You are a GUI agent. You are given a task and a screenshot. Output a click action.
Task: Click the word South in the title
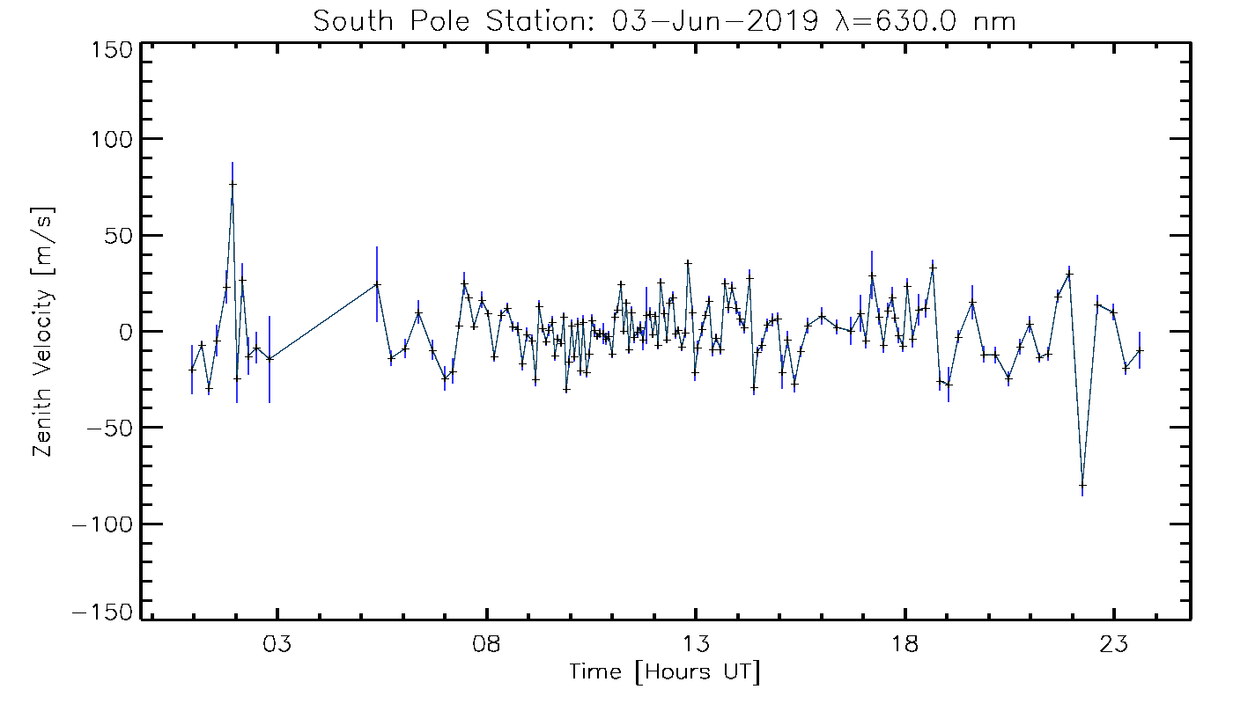pyautogui.click(x=350, y=21)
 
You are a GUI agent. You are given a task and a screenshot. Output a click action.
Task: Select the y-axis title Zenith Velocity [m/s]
pyautogui.click(x=43, y=332)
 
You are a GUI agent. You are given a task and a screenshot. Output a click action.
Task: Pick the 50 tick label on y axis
pyautogui.click(x=118, y=236)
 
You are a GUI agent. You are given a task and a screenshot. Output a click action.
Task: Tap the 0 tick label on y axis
pyautogui.click(x=125, y=332)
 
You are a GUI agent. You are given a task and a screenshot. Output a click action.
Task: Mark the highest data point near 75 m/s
pyautogui.click(x=233, y=184)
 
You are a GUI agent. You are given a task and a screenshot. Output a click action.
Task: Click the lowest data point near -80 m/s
pyautogui.click(x=1082, y=485)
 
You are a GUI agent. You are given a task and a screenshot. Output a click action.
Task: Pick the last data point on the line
pyautogui.click(x=1140, y=350)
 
